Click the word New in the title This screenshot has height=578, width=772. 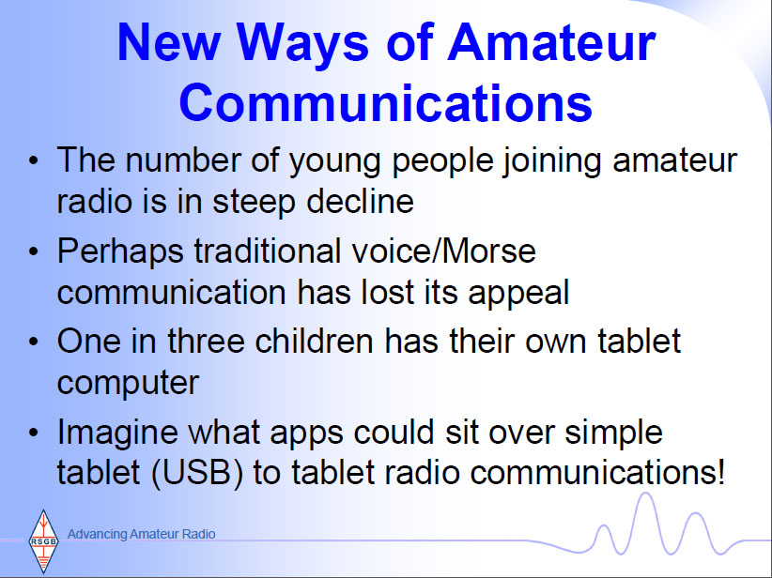tap(168, 42)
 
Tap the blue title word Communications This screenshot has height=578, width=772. tap(385, 103)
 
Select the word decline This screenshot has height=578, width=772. tap(360, 201)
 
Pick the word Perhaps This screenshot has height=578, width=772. tap(120, 252)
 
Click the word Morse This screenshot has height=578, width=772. tap(488, 251)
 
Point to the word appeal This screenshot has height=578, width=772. tap(518, 294)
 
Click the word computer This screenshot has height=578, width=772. tap(128, 384)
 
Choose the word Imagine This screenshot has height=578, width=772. tap(117, 433)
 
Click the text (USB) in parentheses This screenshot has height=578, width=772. tap(197, 473)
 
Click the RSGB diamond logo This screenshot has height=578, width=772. tap(44, 541)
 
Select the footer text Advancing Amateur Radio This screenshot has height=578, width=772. tap(141, 534)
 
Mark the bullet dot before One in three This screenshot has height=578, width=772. tap(34, 341)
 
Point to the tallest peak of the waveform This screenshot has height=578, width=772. tap(645, 494)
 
